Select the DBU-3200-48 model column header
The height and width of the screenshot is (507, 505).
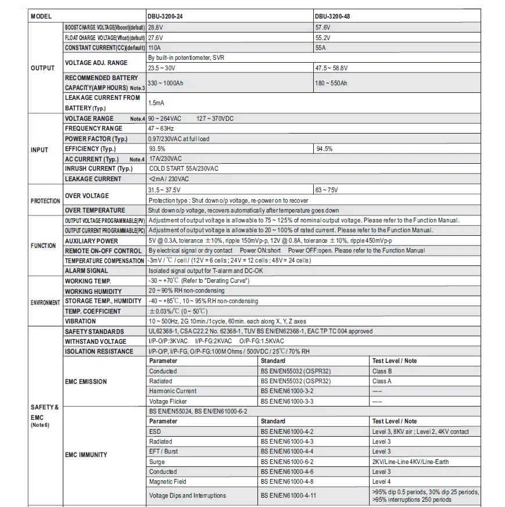pyautogui.click(x=332, y=16)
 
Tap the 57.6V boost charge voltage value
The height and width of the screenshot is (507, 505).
pyautogui.click(x=323, y=27)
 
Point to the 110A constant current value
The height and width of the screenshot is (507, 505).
pyautogui.click(x=155, y=48)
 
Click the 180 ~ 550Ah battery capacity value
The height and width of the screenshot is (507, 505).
pyautogui.click(x=331, y=83)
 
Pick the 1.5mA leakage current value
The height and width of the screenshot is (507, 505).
pyautogui.click(x=157, y=103)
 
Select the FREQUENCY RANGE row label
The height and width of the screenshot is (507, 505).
pyautogui.click(x=94, y=128)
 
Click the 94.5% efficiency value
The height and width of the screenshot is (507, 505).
pyautogui.click(x=324, y=149)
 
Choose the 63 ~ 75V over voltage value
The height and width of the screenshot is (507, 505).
pyautogui.click(x=327, y=190)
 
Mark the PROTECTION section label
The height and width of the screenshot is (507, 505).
pyautogui.click(x=45, y=201)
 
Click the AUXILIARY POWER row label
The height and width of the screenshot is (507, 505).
pyautogui.click(x=91, y=241)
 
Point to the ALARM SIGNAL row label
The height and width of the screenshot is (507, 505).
pyautogui.click(x=87, y=271)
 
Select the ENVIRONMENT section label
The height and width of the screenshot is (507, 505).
pyautogui.click(x=45, y=303)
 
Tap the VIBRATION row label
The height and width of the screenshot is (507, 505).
pyautogui.click(x=81, y=321)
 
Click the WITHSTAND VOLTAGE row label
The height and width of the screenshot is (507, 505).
pyautogui.click(x=95, y=341)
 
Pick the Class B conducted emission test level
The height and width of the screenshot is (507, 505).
pyautogui.click(x=382, y=371)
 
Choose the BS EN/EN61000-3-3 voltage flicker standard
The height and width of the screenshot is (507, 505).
pyautogui.click(x=287, y=401)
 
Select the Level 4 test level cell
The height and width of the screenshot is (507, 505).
pyautogui.click(x=381, y=481)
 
